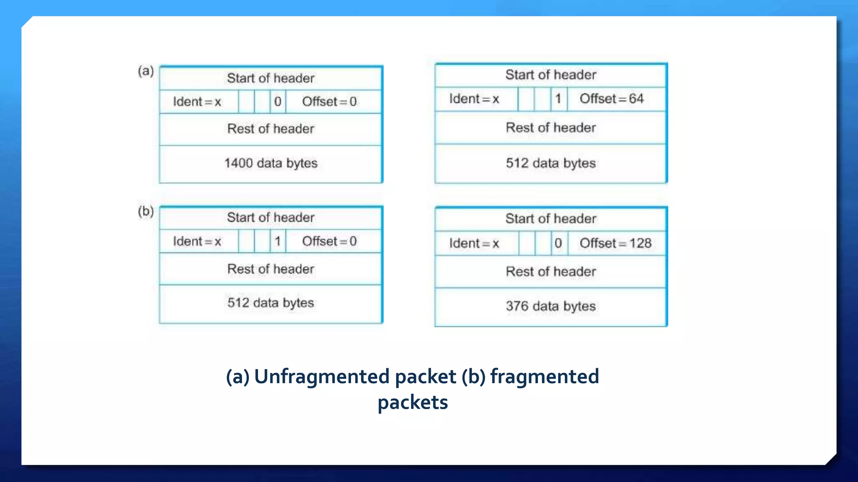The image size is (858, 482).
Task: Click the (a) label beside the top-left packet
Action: click(x=146, y=71)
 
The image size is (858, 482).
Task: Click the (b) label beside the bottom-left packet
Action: click(x=146, y=211)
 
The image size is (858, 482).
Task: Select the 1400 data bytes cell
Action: click(x=271, y=163)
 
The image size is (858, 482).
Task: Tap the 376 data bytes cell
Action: click(x=550, y=306)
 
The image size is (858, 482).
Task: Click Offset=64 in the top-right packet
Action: click(x=611, y=99)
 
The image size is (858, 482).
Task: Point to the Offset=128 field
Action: click(x=615, y=243)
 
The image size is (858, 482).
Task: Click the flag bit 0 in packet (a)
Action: click(x=277, y=102)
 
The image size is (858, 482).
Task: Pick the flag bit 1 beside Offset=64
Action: click(x=558, y=99)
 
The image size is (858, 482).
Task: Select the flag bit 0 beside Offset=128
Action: click(x=558, y=243)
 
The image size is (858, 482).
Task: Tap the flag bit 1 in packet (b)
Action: click(x=277, y=241)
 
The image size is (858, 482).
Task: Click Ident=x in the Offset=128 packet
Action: click(x=474, y=243)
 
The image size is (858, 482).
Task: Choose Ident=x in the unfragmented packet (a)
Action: click(x=197, y=102)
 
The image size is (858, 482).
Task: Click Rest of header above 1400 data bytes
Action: click(x=271, y=129)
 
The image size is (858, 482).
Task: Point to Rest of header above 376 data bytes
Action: click(x=550, y=272)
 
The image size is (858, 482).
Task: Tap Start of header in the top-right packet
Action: click(x=550, y=75)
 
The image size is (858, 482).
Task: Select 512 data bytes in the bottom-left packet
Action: click(x=271, y=303)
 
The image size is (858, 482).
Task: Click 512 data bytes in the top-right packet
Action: click(x=550, y=163)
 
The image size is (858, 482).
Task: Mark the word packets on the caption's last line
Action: click(x=413, y=403)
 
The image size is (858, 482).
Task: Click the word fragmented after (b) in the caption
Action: click(x=545, y=377)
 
